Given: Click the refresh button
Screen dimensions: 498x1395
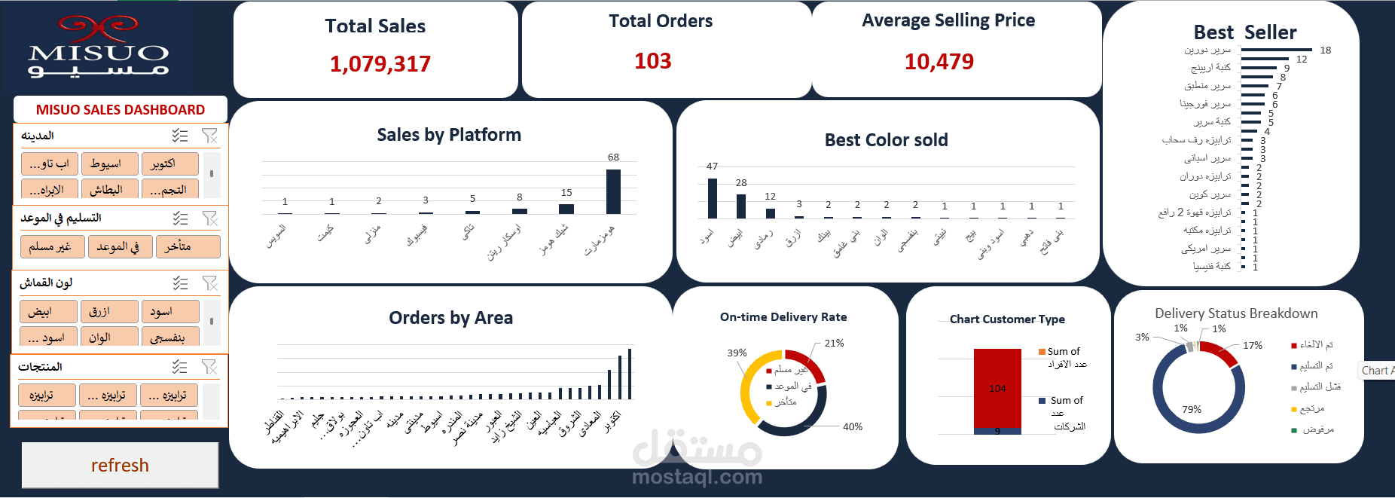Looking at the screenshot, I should coord(120,466).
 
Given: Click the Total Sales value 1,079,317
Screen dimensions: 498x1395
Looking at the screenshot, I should coord(380,64).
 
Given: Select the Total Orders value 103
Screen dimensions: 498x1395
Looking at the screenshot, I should coord(652,61).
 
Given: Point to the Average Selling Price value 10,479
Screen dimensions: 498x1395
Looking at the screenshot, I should coord(939,62).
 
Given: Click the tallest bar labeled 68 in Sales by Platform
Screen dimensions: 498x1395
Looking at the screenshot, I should coord(613,192).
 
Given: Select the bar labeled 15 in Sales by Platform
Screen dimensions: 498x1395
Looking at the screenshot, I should coord(566,209).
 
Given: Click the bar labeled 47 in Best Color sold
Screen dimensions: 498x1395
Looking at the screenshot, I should coord(713,198).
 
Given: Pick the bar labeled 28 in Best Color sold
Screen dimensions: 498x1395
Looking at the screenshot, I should coord(741,206).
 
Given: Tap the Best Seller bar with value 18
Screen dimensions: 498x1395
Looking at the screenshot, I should coord(1276,50).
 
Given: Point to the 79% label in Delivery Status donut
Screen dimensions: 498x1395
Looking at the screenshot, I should coord(1192,410).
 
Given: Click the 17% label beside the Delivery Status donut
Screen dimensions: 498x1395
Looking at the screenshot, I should coord(1253,346).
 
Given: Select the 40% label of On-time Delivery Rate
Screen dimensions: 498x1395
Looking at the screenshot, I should coord(853,427).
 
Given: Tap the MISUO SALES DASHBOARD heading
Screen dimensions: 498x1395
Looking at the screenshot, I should coord(121,110).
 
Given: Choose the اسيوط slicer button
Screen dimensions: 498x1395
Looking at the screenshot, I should coord(109,163).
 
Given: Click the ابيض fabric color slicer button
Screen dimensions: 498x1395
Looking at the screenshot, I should coord(47,311).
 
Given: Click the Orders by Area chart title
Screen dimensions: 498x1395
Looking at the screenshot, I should coord(450,318).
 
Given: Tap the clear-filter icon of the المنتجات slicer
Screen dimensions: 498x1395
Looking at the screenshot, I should coord(209,367).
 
